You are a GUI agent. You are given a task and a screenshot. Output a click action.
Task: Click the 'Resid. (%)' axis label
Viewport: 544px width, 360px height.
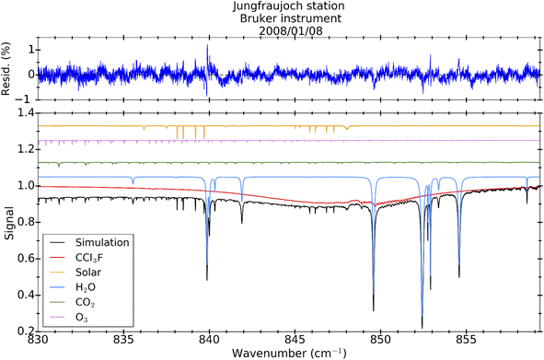coord(7,74)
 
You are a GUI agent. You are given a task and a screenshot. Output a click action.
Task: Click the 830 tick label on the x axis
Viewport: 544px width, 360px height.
coord(38,340)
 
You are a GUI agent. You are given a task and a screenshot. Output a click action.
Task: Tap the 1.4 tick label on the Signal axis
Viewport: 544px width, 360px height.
coord(22,112)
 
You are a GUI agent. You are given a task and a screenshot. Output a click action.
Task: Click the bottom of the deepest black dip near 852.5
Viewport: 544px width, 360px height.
coord(422,326)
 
